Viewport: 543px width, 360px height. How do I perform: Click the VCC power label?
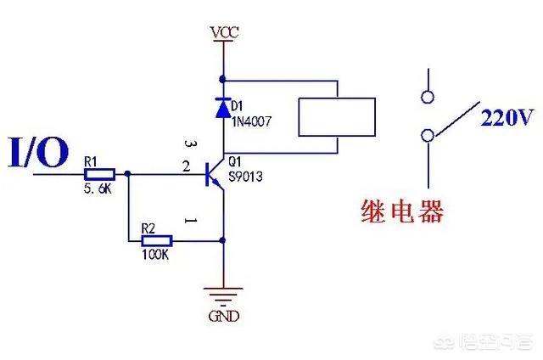[224, 32]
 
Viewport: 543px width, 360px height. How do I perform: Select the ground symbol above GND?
[223, 295]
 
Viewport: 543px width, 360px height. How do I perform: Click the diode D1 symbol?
[223, 108]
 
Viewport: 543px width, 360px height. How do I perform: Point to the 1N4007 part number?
[252, 122]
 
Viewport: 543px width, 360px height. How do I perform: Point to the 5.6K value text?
[98, 189]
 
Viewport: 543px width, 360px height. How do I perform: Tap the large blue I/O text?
[39, 155]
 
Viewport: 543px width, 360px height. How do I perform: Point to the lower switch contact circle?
[428, 135]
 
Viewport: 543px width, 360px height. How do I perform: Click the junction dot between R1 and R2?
[128, 174]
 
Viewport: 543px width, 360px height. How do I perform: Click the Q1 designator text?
[238, 160]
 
